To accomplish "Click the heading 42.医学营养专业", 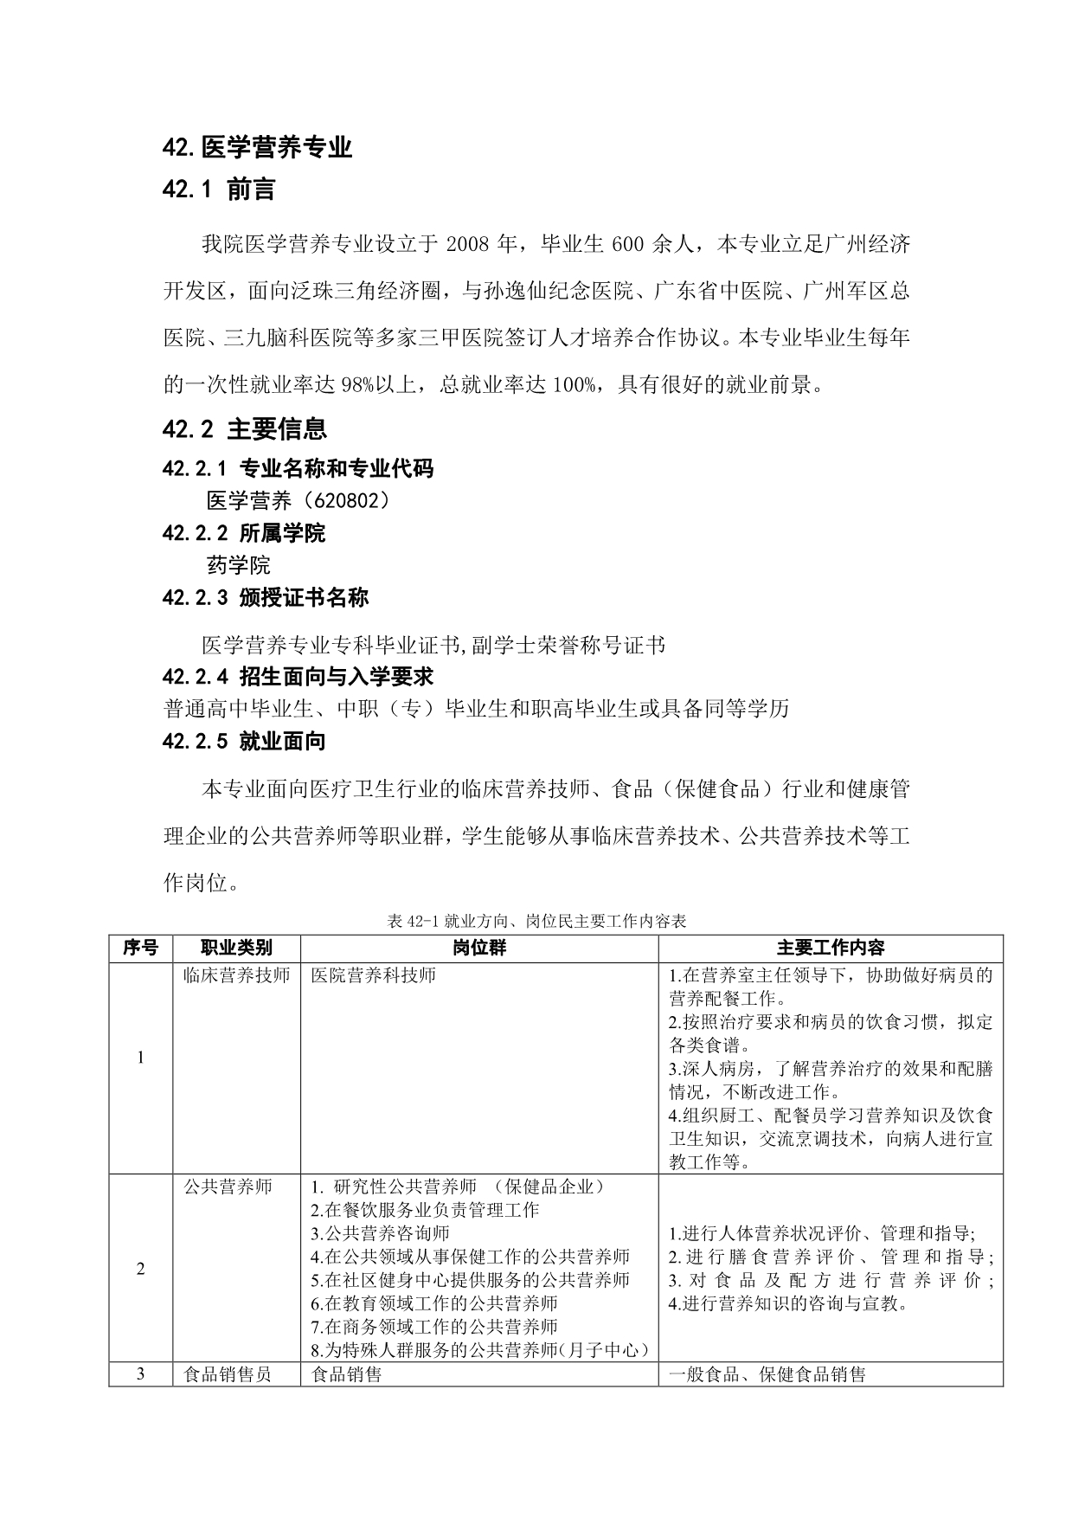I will pyautogui.click(x=257, y=148).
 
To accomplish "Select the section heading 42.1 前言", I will pyautogui.click(x=218, y=190).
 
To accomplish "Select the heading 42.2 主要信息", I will pyautogui.click(x=244, y=428).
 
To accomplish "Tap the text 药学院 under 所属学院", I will pyautogui.click(x=239, y=565).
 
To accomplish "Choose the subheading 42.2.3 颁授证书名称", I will pyautogui.click(x=265, y=597).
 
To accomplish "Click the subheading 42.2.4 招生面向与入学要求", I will pyautogui.click(x=298, y=676).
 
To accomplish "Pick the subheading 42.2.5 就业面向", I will pyautogui.click(x=244, y=741).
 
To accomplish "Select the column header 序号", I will pyautogui.click(x=140, y=948).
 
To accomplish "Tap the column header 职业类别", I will pyautogui.click(x=236, y=948).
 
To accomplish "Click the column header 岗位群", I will pyautogui.click(x=479, y=948).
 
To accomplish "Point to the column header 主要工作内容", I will pyautogui.click(x=831, y=948).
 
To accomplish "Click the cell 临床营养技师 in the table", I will pyautogui.click(x=236, y=975).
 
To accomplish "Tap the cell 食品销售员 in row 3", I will pyautogui.click(x=228, y=1373).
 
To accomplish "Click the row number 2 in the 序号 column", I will pyautogui.click(x=140, y=1269).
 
